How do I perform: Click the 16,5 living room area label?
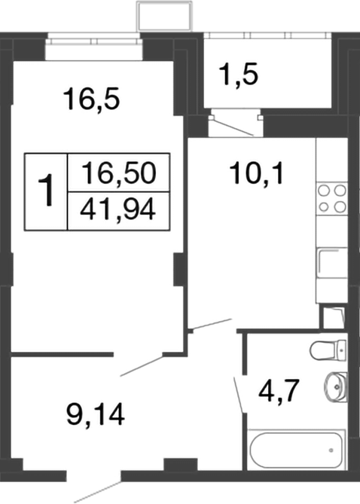93,99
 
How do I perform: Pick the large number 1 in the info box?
47,191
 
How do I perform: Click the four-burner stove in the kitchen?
331,197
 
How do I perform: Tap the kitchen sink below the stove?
331,264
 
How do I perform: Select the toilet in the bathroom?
328,350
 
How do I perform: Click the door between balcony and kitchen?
233,125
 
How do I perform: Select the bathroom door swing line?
239,395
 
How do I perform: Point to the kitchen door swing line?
209,325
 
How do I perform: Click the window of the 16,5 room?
93,48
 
